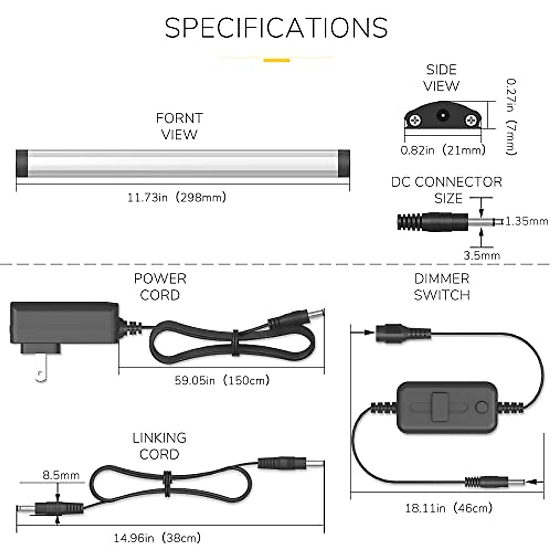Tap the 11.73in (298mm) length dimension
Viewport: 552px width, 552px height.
pyautogui.click(x=177, y=198)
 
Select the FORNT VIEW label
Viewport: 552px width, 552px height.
pyautogui.click(x=179, y=126)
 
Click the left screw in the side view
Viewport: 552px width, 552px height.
pyautogui.click(x=415, y=121)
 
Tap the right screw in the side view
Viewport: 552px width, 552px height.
pyautogui.click(x=471, y=121)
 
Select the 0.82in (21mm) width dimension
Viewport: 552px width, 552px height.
pyautogui.click(x=443, y=150)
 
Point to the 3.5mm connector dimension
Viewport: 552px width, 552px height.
pyautogui.click(x=482, y=255)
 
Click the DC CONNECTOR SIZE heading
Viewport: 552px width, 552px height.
pyautogui.click(x=447, y=190)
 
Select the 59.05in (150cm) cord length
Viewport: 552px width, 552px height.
pyautogui.click(x=222, y=380)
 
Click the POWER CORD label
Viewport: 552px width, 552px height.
pyautogui.click(x=160, y=287)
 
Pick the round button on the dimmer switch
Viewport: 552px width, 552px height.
pyautogui.click(x=482, y=407)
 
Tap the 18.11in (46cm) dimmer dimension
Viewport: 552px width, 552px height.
pyautogui.click(x=448, y=508)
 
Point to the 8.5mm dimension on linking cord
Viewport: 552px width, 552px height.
pyautogui.click(x=61, y=475)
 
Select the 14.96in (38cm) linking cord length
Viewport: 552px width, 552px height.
pyautogui.click(x=157, y=538)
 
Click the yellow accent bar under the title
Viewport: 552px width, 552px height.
pyautogui.click(x=276, y=60)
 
